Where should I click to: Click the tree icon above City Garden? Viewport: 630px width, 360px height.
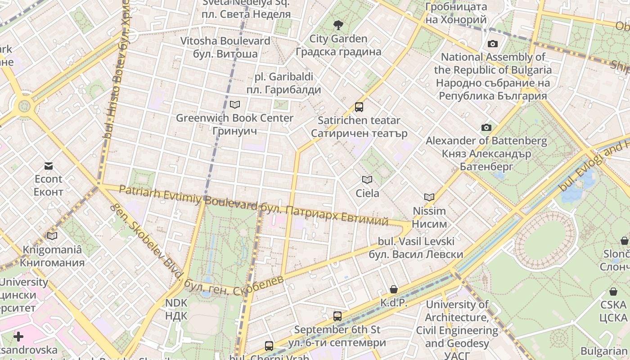click(338, 25)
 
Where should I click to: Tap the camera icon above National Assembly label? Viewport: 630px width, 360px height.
click(493, 44)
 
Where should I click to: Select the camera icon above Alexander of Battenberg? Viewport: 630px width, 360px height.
click(486, 127)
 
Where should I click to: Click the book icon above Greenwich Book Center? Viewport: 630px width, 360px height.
click(234, 104)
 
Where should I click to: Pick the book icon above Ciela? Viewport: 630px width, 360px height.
click(367, 180)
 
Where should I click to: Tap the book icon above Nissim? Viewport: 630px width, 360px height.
click(429, 197)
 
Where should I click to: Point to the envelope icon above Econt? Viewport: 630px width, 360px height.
click(49, 166)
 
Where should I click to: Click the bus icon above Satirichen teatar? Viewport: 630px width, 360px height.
click(359, 107)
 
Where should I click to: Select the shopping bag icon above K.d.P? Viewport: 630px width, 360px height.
click(394, 289)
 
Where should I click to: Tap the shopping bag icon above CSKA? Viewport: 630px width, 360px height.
click(613, 292)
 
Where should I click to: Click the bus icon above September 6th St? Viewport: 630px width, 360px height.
click(337, 316)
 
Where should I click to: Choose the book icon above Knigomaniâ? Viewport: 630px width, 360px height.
click(52, 236)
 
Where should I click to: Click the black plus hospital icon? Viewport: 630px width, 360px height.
click(18, 336)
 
